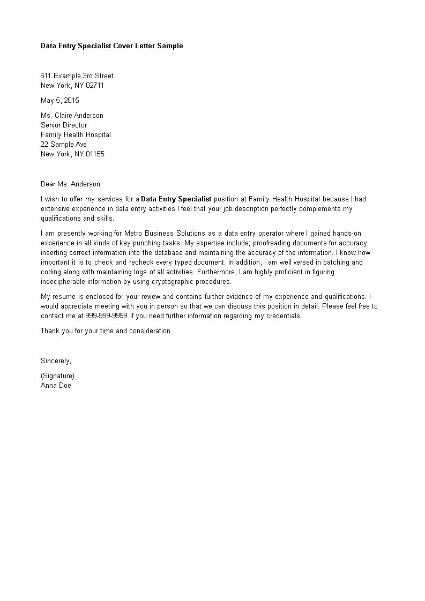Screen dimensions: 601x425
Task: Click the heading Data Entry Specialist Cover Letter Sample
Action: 111,46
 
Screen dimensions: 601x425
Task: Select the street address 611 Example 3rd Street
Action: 77,76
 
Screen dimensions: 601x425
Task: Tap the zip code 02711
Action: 94,85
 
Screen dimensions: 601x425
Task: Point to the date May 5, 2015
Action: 59,100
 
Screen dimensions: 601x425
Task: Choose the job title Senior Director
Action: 64,125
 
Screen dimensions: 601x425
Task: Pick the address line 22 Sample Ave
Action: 63,144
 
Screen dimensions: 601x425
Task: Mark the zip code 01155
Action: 94,154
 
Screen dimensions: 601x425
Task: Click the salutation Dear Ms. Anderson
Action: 71,184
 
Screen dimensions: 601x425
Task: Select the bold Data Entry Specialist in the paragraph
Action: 176,199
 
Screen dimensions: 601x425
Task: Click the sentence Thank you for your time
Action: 106,330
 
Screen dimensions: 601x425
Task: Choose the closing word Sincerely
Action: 56,360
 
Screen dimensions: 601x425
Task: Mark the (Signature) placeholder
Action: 57,375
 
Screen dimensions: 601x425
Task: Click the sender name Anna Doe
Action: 56,385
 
